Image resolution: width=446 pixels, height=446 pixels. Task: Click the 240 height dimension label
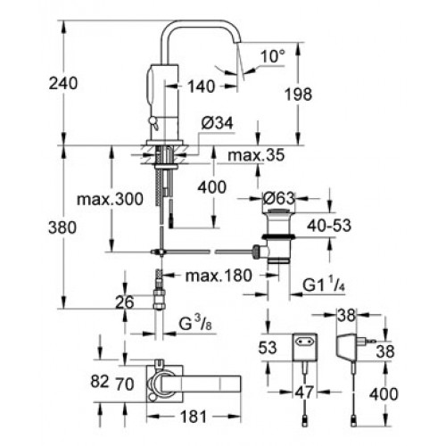coord(63,83)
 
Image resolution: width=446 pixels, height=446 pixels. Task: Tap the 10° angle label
coord(272,56)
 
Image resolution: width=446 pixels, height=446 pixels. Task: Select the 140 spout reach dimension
coord(201,87)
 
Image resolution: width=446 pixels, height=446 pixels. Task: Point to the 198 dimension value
coord(298,95)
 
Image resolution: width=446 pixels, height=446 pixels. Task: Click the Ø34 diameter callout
coord(217,123)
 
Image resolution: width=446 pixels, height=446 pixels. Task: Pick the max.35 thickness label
coord(256,155)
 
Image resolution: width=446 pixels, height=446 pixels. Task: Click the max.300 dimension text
coord(110,199)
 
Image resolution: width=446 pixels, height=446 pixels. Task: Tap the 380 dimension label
coord(62,227)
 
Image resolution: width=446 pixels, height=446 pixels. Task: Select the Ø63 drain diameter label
coord(279,198)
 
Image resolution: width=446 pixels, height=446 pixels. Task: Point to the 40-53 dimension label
coord(329,226)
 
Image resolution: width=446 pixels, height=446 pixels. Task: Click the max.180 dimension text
coord(219,276)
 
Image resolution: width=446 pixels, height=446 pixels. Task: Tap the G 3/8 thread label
coord(195,324)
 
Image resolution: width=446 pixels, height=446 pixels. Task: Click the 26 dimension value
coord(125,302)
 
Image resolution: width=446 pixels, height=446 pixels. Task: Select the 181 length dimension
coord(194,417)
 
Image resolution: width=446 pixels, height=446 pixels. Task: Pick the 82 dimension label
coord(100,381)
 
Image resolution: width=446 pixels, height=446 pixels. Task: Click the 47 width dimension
coord(304,392)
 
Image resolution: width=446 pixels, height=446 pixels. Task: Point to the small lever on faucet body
coord(153,123)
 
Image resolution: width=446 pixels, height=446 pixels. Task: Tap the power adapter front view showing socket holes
coord(305,347)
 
